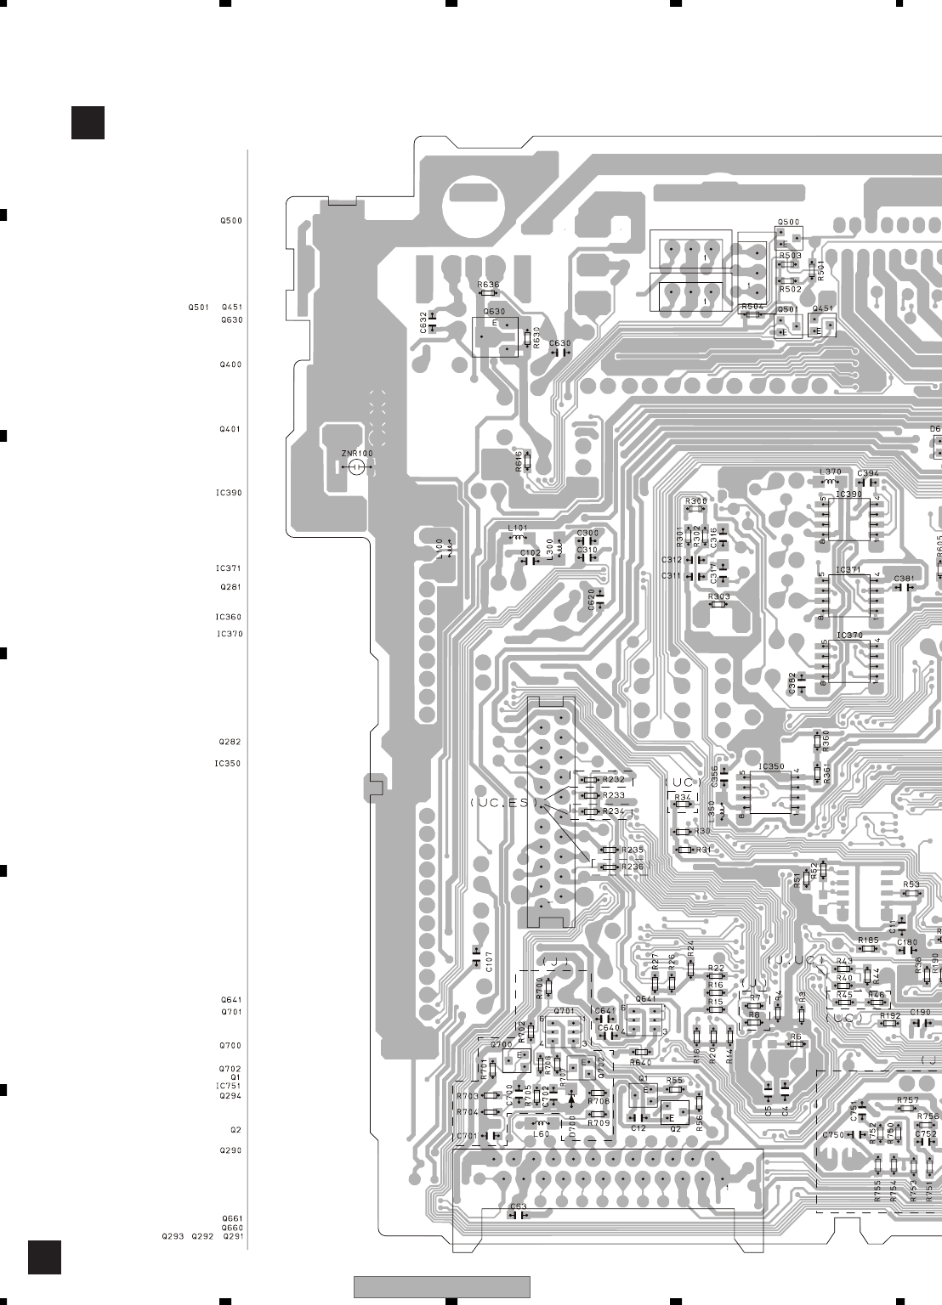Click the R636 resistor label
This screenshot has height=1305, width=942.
pyautogui.click(x=488, y=285)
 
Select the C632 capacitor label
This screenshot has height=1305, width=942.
pyautogui.click(x=423, y=322)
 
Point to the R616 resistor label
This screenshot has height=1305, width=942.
pyautogui.click(x=519, y=461)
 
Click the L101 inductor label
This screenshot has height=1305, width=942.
pyautogui.click(x=518, y=528)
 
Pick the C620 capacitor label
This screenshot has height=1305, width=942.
pyautogui.click(x=591, y=599)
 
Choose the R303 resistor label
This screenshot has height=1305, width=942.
pyautogui.click(x=719, y=596)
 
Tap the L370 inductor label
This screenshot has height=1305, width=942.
pyautogui.click(x=830, y=472)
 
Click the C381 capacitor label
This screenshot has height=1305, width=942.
pyautogui.click(x=904, y=579)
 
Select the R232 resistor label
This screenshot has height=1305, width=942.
pyautogui.click(x=613, y=779)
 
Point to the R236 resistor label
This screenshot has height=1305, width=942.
pyautogui.click(x=633, y=867)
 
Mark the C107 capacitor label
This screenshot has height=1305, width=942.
pyautogui.click(x=488, y=961)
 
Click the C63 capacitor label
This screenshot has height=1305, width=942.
pyautogui.click(x=518, y=1206)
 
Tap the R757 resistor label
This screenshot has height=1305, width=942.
pyautogui.click(x=907, y=1100)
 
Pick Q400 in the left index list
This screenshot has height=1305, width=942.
pyautogui.click(x=230, y=364)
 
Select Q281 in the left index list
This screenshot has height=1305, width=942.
pyautogui.click(x=230, y=587)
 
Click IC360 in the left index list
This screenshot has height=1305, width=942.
pyautogui.click(x=229, y=618)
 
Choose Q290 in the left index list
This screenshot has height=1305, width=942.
pyautogui.click(x=230, y=1150)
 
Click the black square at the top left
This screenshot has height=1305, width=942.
pyautogui.click(x=88, y=122)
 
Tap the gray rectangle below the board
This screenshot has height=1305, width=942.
pyautogui.click(x=442, y=1287)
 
